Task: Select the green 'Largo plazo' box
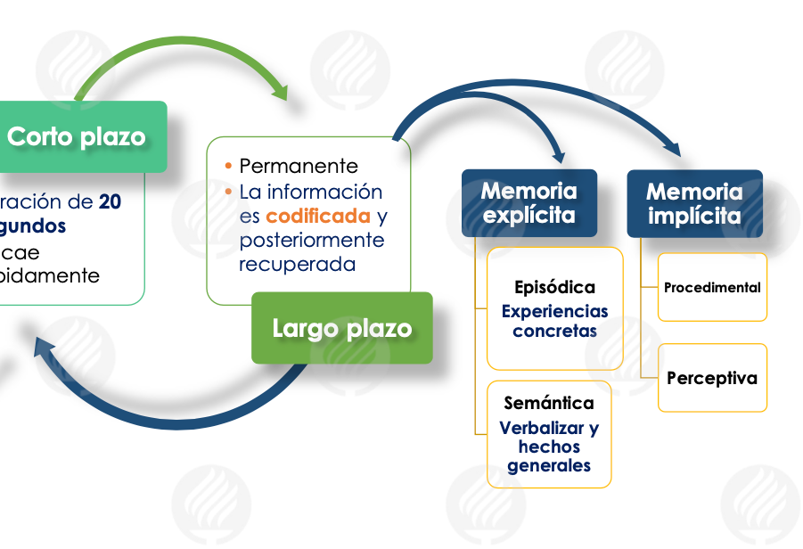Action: click(x=341, y=328)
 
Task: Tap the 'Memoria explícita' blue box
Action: click(x=529, y=203)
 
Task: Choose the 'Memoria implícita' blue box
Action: click(x=694, y=203)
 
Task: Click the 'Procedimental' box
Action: click(x=712, y=287)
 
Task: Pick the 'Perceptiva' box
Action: click(x=712, y=378)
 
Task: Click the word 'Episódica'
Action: click(x=554, y=288)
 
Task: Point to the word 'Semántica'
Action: click(x=549, y=403)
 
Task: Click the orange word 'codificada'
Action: click(x=317, y=216)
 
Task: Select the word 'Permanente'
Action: click(x=299, y=166)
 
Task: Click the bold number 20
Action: click(x=111, y=201)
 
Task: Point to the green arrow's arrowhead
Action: click(x=281, y=91)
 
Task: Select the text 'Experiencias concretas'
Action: click(x=554, y=321)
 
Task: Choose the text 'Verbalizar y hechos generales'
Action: click(x=549, y=447)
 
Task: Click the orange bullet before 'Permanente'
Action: click(x=229, y=166)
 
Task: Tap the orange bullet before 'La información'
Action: click(x=229, y=192)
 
